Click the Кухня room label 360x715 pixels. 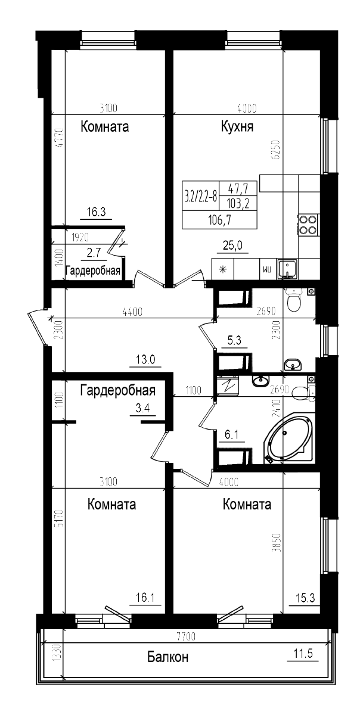(238, 127)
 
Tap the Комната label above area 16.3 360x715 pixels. (105, 127)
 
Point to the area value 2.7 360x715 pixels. (94, 253)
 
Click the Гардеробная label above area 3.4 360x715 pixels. (118, 391)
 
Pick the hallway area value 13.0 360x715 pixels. (145, 359)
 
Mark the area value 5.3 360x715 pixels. (235, 341)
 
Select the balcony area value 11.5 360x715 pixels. (303, 654)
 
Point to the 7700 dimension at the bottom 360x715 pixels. (186, 637)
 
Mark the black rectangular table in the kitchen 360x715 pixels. (219, 204)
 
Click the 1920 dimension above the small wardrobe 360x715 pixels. (80, 237)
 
